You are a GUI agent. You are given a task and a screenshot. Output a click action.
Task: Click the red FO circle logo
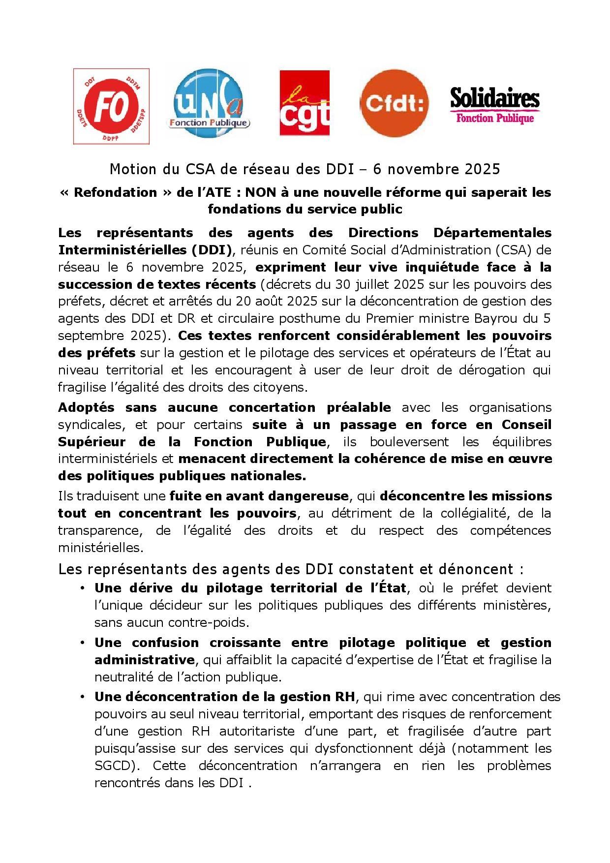point(111,106)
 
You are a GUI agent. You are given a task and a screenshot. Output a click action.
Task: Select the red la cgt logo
point(304,102)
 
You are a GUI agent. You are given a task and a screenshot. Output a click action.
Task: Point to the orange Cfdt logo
point(394,103)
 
